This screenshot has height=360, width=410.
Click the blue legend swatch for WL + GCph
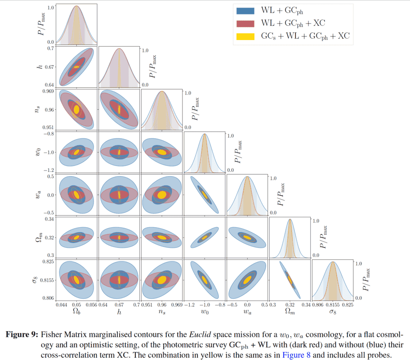coord(245,10)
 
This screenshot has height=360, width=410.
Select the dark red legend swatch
coord(245,23)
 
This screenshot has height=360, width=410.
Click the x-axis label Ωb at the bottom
coord(76,312)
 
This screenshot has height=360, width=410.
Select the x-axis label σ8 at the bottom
coord(333,312)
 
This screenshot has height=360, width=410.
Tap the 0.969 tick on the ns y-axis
coord(49,91)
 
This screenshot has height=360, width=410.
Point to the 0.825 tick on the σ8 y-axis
coord(49,261)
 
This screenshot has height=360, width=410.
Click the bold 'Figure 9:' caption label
coord(21,335)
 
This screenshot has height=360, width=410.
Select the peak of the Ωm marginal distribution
coord(290,220)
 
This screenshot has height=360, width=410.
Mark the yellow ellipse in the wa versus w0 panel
coord(205,195)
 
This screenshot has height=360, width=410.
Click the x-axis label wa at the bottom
coord(247,312)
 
